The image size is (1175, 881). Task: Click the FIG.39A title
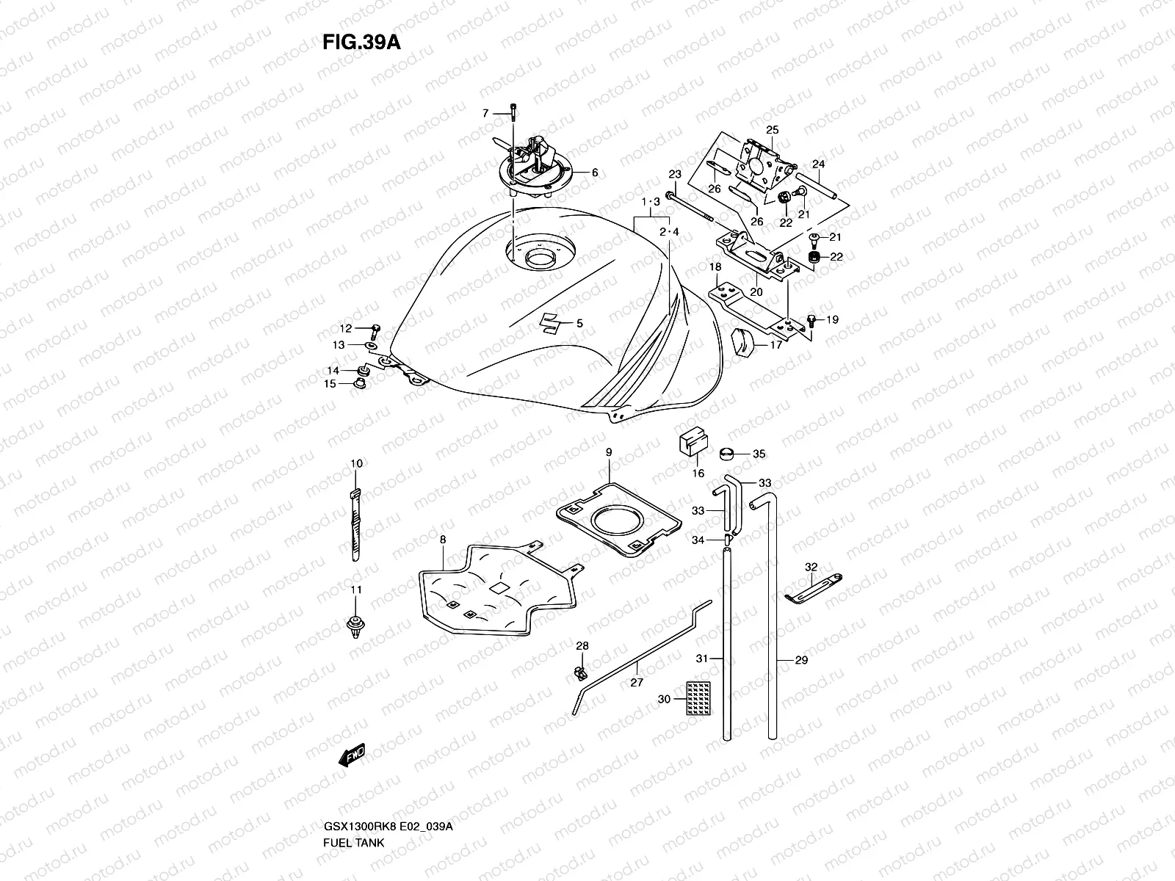pyautogui.click(x=361, y=43)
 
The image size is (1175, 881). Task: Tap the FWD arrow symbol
pyautogui.click(x=351, y=757)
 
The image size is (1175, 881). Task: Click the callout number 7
pyautogui.click(x=485, y=113)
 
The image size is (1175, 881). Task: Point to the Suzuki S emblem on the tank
pyautogui.click(x=551, y=322)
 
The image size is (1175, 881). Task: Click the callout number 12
pyautogui.click(x=345, y=328)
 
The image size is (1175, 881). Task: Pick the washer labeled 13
pyautogui.click(x=372, y=344)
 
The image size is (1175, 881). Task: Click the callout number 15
pyautogui.click(x=330, y=383)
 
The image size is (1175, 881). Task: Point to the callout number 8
pyautogui.click(x=443, y=540)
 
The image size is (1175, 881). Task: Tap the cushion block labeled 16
pyautogui.click(x=690, y=444)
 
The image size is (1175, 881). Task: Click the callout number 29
pyautogui.click(x=801, y=660)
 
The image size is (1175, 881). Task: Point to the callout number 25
pyautogui.click(x=772, y=130)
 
